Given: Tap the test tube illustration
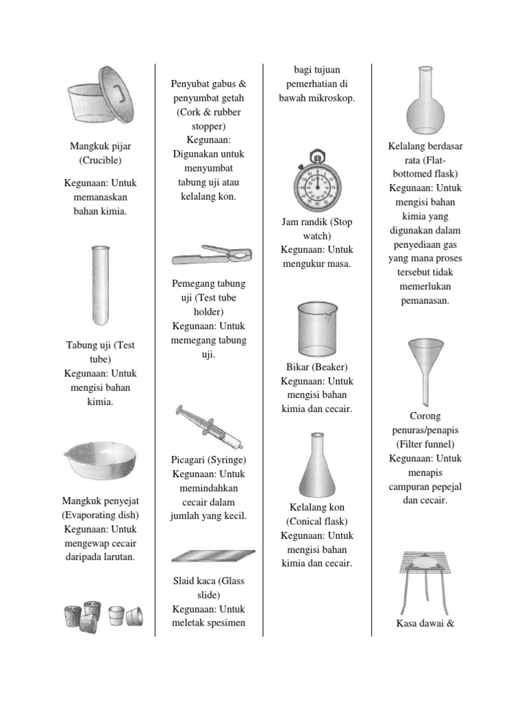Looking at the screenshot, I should [100, 286].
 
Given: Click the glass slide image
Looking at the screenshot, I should [213, 555].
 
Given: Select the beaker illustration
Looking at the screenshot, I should [316, 331].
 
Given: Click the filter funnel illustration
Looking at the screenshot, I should [425, 370].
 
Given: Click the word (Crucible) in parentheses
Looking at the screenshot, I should [100, 160].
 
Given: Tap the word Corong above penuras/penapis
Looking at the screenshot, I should [425, 416].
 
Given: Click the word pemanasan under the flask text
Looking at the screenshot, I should [425, 301].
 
